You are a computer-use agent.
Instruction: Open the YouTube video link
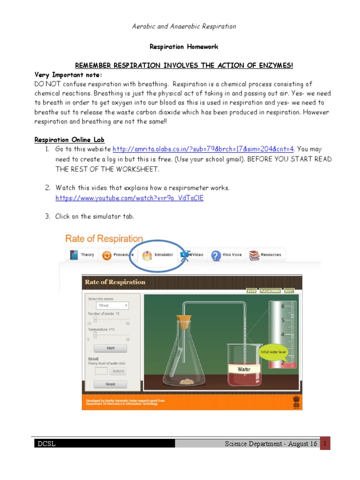tap(129, 198)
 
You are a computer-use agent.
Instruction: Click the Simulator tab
tap(159, 255)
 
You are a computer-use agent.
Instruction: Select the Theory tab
tap(83, 255)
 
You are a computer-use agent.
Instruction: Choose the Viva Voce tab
tap(227, 255)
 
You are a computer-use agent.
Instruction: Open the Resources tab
tap(266, 255)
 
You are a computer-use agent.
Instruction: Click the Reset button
tap(111, 384)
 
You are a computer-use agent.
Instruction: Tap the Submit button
tap(118, 371)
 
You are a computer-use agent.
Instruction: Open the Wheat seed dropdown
tap(112, 305)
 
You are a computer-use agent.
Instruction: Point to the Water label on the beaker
tap(244, 369)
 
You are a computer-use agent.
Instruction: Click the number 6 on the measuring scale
tap(282, 306)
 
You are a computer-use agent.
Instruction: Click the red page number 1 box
tap(325, 442)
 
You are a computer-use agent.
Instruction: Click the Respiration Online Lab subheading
tap(70, 140)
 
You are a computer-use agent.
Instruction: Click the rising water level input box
tap(101, 371)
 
